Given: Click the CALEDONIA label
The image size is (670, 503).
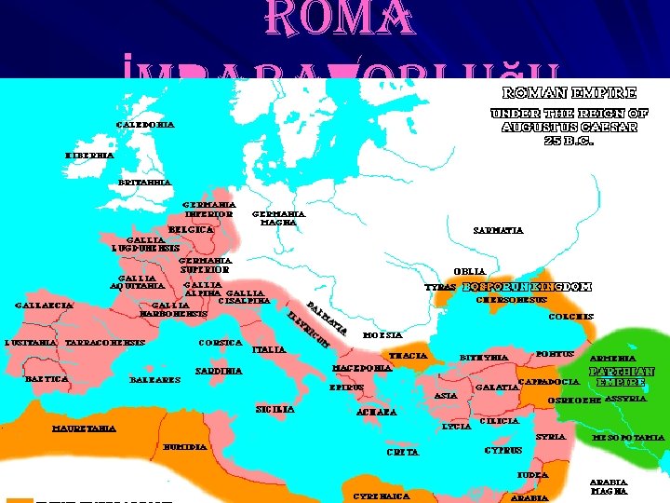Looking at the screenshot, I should pyautogui.click(x=144, y=124).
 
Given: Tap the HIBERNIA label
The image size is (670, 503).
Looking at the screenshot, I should pyautogui.click(x=90, y=155).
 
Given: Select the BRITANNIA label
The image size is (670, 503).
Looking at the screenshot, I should pyautogui.click(x=145, y=183).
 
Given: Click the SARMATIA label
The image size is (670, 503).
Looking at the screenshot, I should pyautogui.click(x=498, y=230).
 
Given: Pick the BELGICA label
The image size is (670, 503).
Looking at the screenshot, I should pyautogui.click(x=191, y=229).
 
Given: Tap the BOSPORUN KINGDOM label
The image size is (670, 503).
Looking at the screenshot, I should pyautogui.click(x=527, y=287).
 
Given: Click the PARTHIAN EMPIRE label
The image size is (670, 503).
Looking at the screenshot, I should pyautogui.click(x=622, y=376).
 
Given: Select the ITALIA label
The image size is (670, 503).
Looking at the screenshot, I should pyautogui.click(x=270, y=349).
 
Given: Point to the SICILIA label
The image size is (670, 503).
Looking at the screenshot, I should pyautogui.click(x=275, y=409).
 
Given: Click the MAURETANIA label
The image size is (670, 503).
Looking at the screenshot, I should pyautogui.click(x=84, y=428).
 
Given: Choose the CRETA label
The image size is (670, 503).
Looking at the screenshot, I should pyautogui.click(x=402, y=452).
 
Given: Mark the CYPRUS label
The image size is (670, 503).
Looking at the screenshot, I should pyautogui.click(x=503, y=451).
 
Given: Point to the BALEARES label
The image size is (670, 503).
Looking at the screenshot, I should pyautogui.click(x=154, y=379).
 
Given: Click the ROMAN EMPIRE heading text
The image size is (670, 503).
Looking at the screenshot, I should pyautogui.click(x=569, y=93).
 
